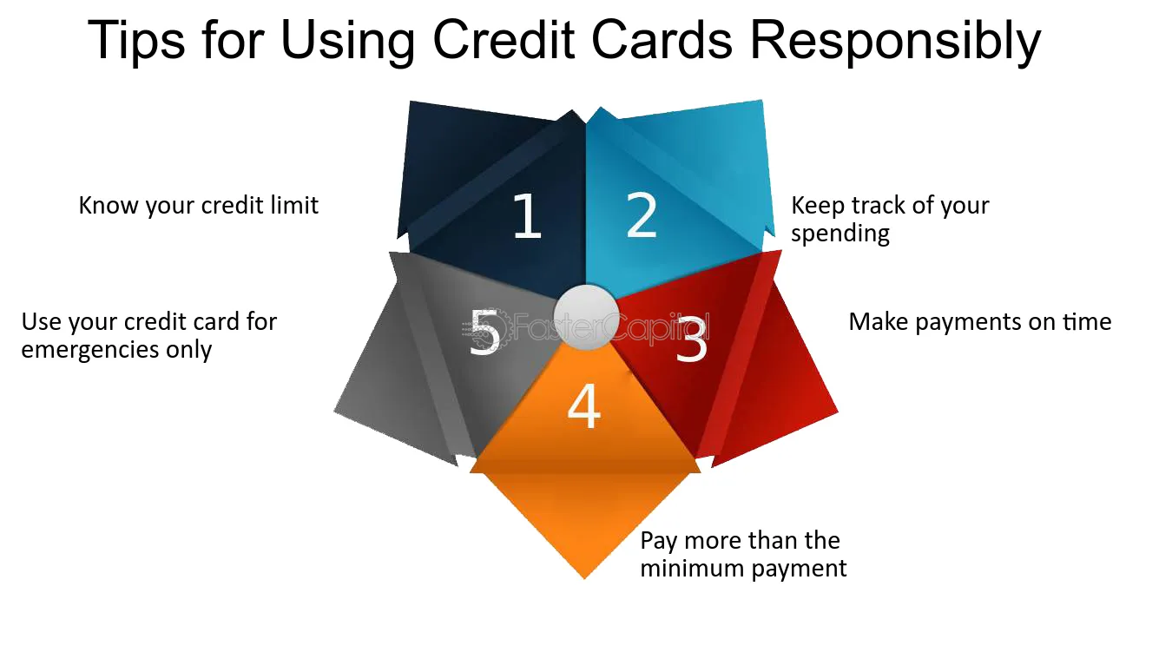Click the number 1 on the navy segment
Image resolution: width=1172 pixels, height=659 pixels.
[x=527, y=215]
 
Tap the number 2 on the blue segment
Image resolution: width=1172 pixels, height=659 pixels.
[x=642, y=215]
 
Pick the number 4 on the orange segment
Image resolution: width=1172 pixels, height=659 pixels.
[x=584, y=406]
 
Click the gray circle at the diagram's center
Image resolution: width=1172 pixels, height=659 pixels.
[x=587, y=317]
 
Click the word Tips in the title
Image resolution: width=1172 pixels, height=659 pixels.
[x=136, y=41]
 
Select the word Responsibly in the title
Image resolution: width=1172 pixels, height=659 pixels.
[x=895, y=41]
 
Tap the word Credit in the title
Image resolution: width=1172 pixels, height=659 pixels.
[x=504, y=40]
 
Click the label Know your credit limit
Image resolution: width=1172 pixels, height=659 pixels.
[x=198, y=205]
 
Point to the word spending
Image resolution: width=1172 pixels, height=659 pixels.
[x=839, y=234]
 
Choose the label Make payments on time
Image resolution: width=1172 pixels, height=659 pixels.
[x=980, y=321]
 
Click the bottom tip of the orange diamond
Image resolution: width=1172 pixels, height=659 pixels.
[x=584, y=578]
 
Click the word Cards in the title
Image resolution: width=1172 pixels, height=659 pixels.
[x=662, y=40]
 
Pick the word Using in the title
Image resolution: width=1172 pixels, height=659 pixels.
[x=348, y=41]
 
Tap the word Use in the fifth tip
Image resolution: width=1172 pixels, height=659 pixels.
[x=42, y=322]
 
